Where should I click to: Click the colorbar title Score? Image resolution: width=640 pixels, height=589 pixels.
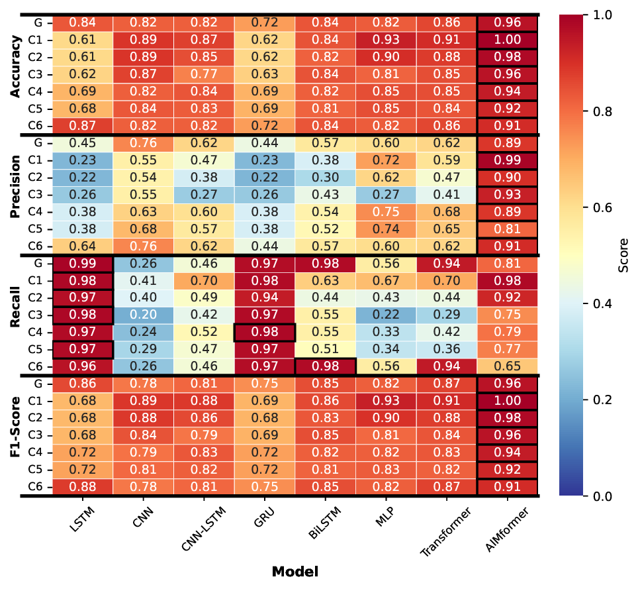coord(623,255)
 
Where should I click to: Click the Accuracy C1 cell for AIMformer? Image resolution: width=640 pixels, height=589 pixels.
coord(507,39)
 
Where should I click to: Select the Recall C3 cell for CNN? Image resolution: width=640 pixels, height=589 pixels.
coord(144,314)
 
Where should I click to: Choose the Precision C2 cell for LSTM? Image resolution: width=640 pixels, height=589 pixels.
coord(83,177)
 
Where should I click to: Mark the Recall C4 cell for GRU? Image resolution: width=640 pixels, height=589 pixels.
coord(265,331)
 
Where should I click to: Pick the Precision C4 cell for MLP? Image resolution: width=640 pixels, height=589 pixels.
coord(386,211)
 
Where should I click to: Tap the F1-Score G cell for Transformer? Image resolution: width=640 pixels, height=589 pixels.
coord(447,383)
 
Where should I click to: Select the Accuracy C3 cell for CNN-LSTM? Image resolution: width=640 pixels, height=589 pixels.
coord(204,74)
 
